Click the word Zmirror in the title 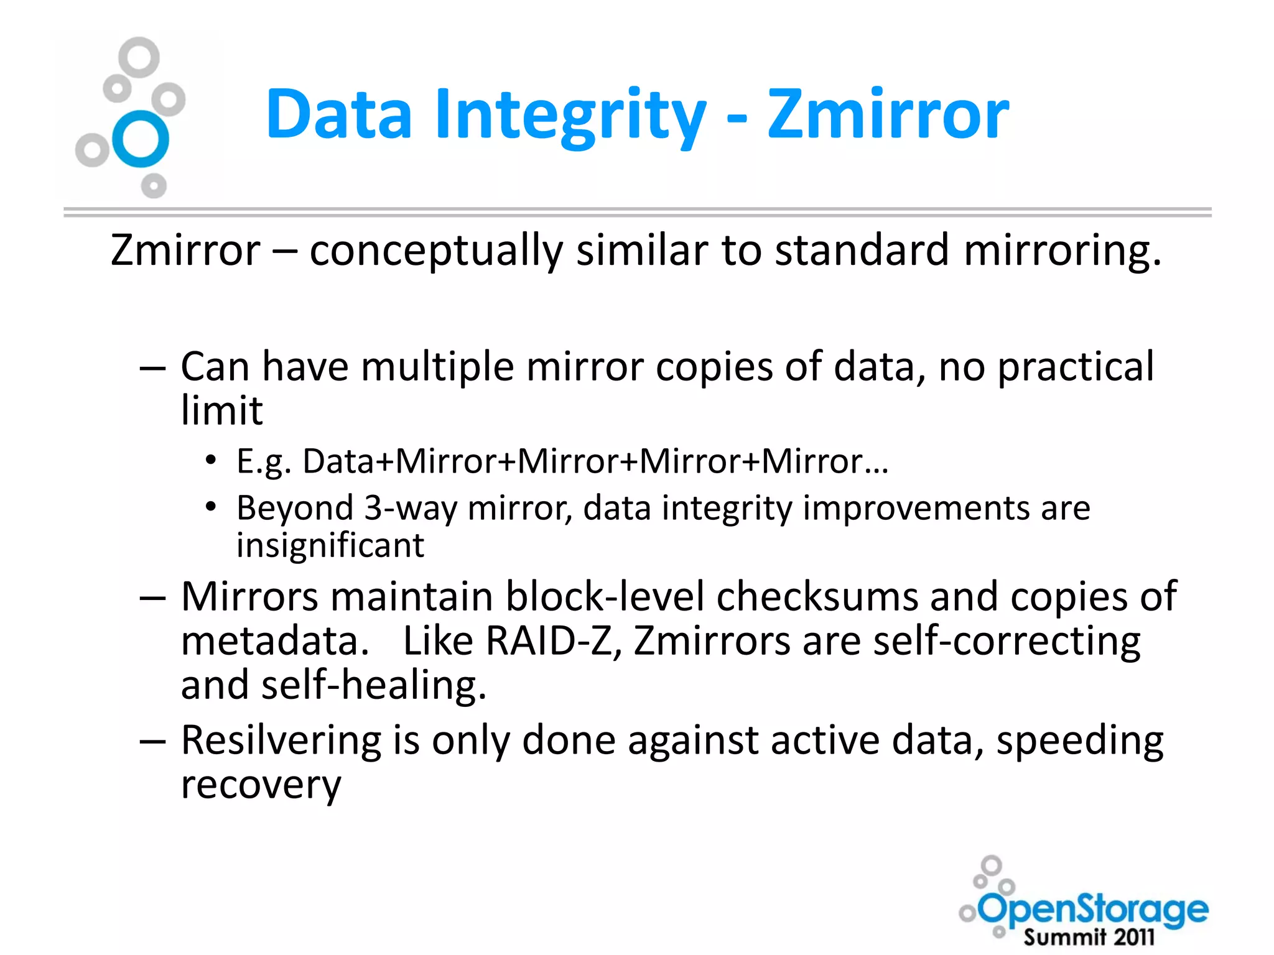[x=888, y=114]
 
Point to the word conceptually [x=436, y=251]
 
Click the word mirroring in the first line [x=1062, y=251]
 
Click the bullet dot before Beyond [x=211, y=507]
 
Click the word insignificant [x=330, y=545]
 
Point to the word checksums [x=817, y=597]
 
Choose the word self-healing [x=373, y=685]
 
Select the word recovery [x=261, y=785]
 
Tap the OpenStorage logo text [x=1093, y=910]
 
